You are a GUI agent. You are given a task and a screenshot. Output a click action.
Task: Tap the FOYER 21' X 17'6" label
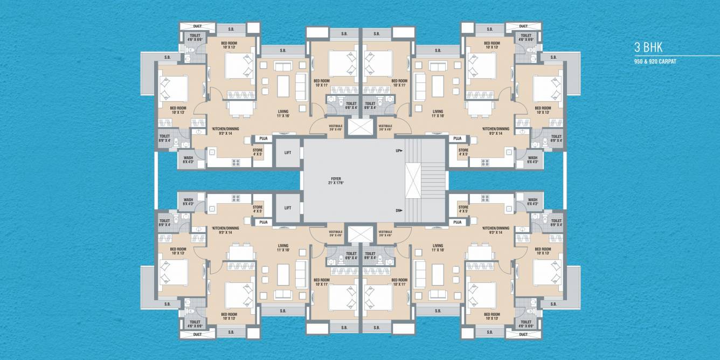pyautogui.click(x=335, y=181)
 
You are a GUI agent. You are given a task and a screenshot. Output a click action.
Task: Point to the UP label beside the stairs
pyautogui.click(x=399, y=151)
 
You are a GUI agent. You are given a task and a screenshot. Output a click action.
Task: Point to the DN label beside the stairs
pyautogui.click(x=399, y=211)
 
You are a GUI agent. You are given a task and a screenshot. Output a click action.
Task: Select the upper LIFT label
pyautogui.click(x=288, y=153)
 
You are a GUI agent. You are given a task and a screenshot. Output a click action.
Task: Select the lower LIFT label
pyautogui.click(x=288, y=207)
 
